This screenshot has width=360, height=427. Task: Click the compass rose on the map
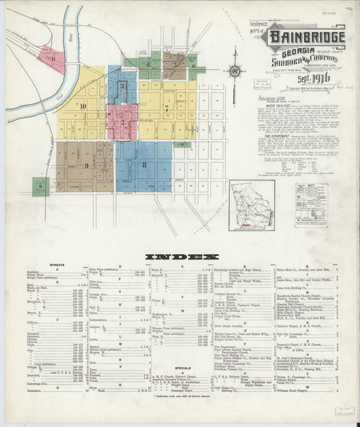coord(235,71)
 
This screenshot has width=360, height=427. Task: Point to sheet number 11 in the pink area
coord(52,59)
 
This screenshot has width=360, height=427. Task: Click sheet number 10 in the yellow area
coord(82,106)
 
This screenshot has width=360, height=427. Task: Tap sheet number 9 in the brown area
coord(86,165)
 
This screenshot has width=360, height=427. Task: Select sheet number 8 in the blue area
coord(143,164)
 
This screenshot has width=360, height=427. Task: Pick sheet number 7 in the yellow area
coord(166,107)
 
